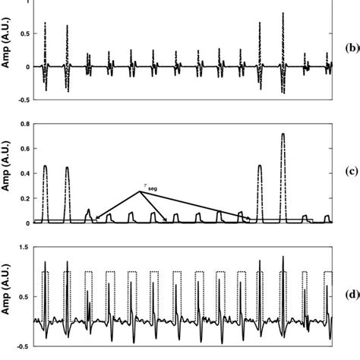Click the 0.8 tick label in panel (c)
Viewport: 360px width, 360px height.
23,124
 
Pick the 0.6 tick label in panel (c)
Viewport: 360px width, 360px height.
23,149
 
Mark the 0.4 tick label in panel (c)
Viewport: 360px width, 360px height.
23,174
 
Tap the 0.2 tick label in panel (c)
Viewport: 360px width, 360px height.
23,199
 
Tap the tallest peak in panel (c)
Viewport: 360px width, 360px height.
283,135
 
